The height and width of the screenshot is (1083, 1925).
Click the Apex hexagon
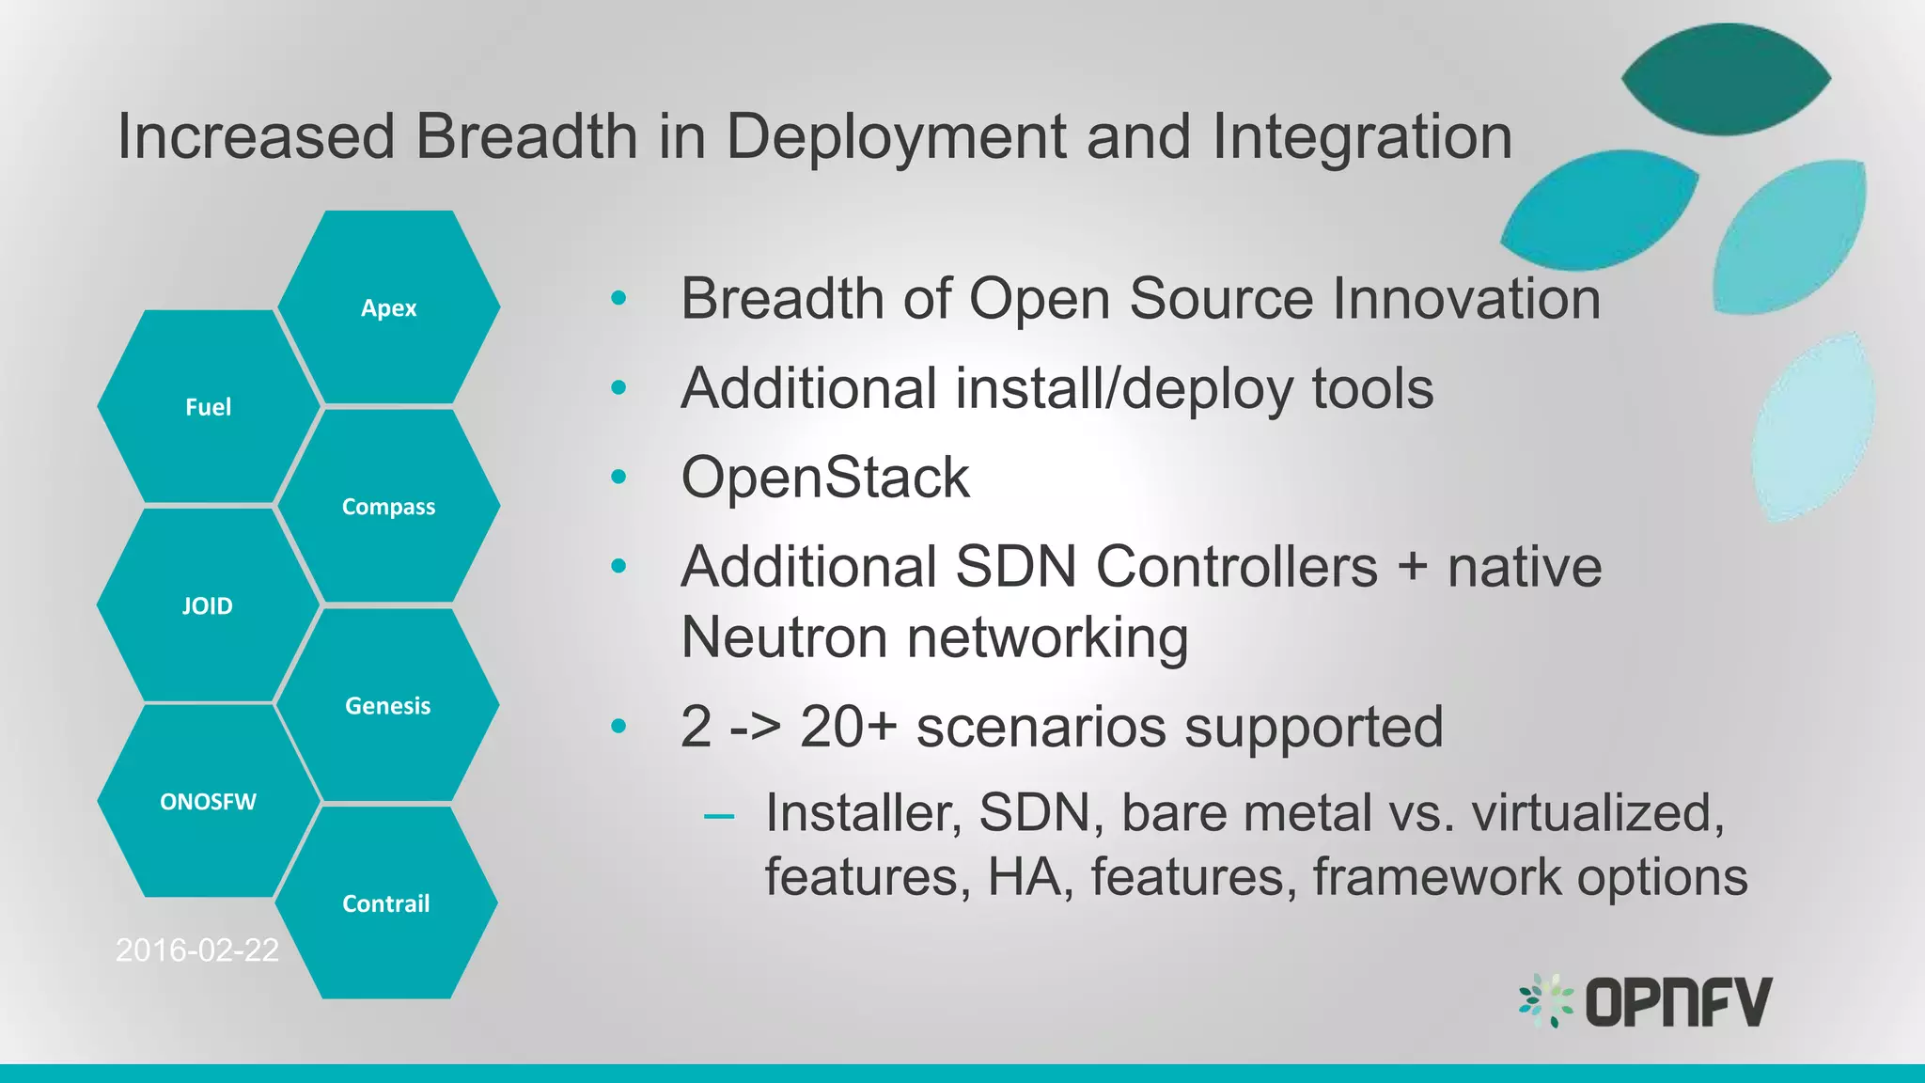click(x=388, y=308)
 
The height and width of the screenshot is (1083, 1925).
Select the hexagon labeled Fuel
click(x=208, y=407)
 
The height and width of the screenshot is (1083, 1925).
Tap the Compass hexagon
click(x=388, y=507)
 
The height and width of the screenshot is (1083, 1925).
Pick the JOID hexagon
click(x=208, y=606)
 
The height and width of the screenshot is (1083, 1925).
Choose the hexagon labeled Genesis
click(x=387, y=706)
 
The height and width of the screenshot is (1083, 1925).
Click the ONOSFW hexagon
click(x=208, y=802)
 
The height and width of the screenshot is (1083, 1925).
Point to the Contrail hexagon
click(x=385, y=903)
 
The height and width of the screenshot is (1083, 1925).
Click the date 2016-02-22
click(x=196, y=950)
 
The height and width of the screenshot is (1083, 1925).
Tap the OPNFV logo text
click(x=1678, y=1002)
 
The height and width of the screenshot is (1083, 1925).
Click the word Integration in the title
click(x=1362, y=137)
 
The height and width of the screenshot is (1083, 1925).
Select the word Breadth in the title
click(x=527, y=137)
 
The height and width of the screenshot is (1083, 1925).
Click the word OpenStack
click(x=824, y=478)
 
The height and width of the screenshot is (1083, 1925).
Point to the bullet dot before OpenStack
click(x=618, y=478)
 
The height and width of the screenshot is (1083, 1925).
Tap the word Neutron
click(x=781, y=637)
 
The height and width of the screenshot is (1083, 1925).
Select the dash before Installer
click(x=719, y=816)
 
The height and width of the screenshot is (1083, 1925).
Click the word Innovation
click(x=1466, y=299)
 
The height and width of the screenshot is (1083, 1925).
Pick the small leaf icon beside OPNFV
click(x=1545, y=1000)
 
